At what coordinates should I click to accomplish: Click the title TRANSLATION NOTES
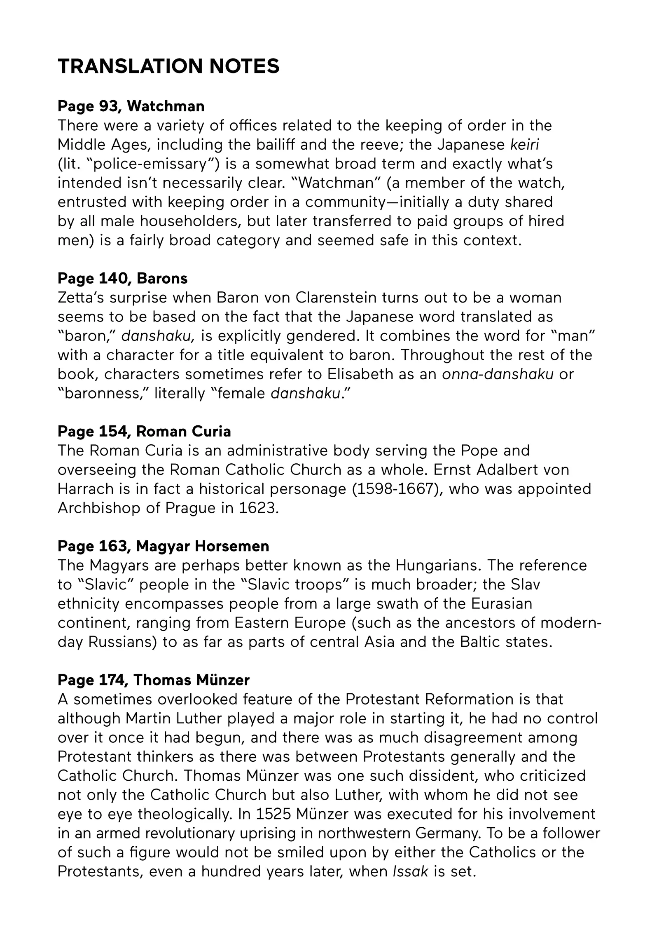coord(168,66)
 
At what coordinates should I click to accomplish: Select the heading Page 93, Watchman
coord(131,106)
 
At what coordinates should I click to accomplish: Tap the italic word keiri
coord(524,145)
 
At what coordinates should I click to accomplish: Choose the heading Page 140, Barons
coord(122,279)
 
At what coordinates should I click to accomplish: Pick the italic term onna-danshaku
coord(498,374)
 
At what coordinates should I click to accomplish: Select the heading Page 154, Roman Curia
coord(144,432)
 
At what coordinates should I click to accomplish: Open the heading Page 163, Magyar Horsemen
coord(163,546)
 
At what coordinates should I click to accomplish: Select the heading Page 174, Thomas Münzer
coord(154,680)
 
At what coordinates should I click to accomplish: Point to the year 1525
coord(273,814)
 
